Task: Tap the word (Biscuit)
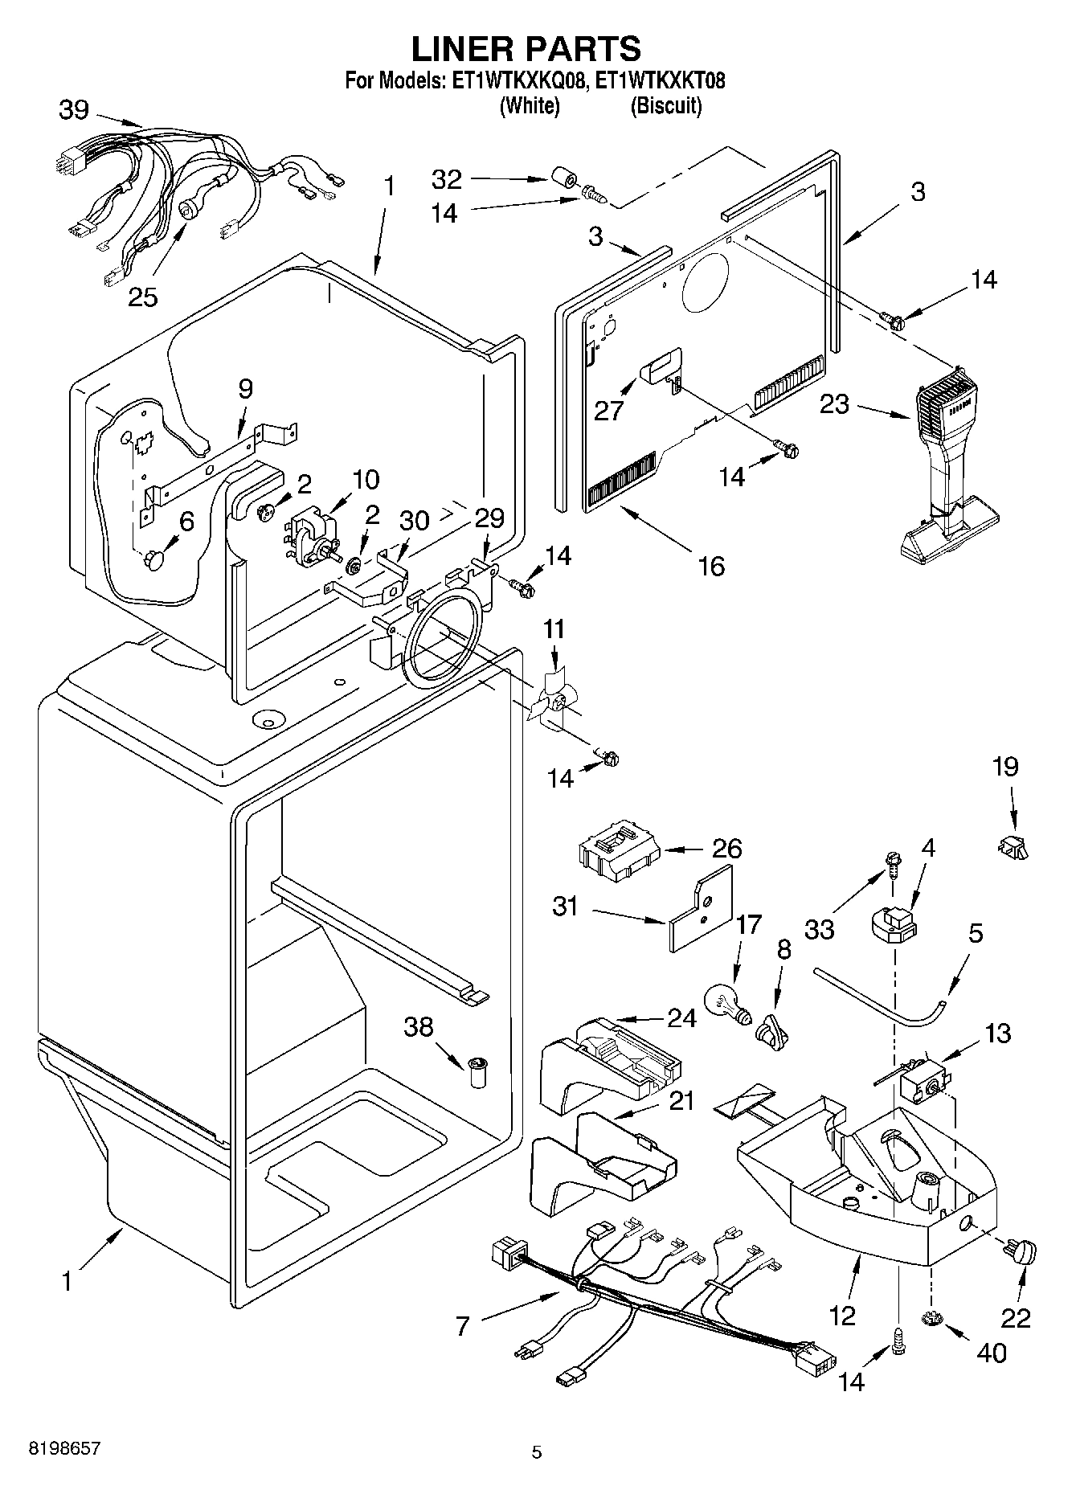[x=665, y=105]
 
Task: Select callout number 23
[x=834, y=403]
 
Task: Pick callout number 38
[x=419, y=1026]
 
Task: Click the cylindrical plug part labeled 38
[x=480, y=1073]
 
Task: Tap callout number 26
[x=726, y=849]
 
